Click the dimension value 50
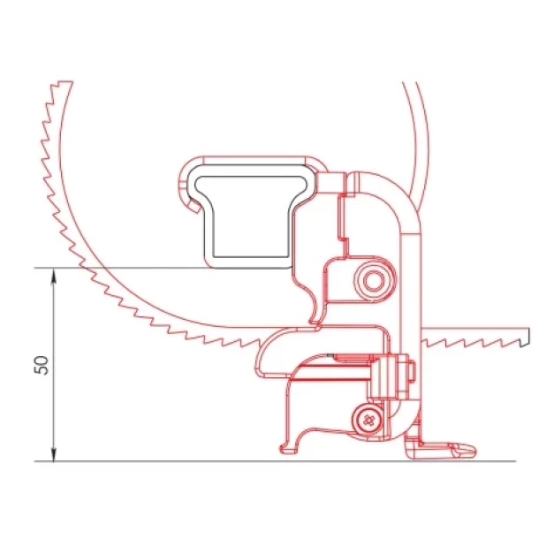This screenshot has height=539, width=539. (x=42, y=365)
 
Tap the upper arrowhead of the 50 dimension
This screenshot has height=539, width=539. (x=53, y=276)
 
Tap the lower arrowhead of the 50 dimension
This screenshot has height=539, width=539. (x=53, y=453)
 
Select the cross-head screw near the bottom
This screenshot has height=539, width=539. (x=368, y=420)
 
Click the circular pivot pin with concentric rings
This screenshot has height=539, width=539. (x=374, y=280)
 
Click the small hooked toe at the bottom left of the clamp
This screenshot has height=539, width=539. (x=289, y=448)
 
